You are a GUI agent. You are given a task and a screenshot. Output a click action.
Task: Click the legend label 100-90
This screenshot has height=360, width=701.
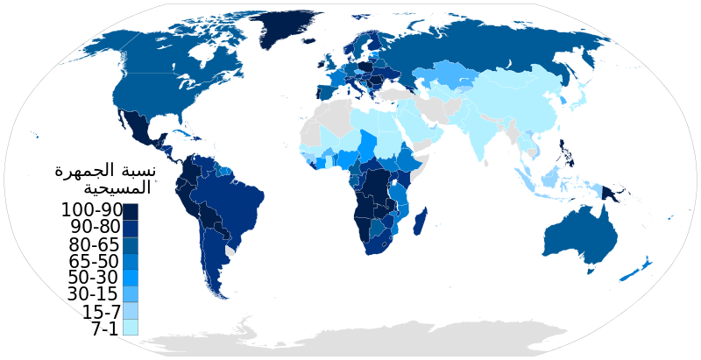pos(90,210)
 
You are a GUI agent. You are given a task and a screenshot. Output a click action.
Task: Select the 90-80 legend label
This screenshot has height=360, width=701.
pos(90,228)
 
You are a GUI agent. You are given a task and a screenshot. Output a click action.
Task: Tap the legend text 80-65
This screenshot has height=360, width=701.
pos(90,244)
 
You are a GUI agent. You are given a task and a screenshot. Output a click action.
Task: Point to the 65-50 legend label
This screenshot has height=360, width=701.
pos(90,261)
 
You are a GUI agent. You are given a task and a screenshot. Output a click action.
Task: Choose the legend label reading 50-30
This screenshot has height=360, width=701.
pos(90,278)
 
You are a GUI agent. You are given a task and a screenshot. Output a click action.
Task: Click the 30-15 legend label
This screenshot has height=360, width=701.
pos(90,294)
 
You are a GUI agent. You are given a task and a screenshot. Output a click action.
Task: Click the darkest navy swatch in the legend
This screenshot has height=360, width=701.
pos(130,211)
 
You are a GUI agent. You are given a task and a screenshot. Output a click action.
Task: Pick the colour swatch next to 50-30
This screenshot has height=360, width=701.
pos(130,278)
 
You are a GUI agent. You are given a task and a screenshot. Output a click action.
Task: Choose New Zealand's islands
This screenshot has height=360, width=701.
pos(637,269)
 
